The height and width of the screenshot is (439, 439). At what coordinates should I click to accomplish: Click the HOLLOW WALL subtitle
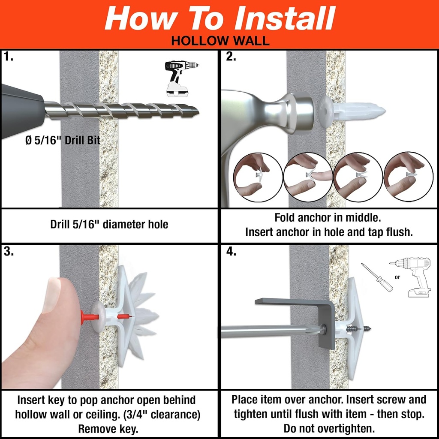(x=219, y=41)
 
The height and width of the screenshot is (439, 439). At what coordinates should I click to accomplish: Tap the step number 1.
(x=8, y=57)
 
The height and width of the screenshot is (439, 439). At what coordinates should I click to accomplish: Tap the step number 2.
(x=231, y=57)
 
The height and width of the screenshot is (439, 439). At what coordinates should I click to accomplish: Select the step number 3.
(x=9, y=251)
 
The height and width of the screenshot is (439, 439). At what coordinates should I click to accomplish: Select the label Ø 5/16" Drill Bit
(x=63, y=141)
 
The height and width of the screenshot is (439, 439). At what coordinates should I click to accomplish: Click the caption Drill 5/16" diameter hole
(x=109, y=224)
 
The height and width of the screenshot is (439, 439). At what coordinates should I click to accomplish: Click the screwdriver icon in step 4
(x=377, y=277)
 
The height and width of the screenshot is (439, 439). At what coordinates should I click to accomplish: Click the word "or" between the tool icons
(x=397, y=277)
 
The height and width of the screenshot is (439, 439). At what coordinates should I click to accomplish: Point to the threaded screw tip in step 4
(x=363, y=329)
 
